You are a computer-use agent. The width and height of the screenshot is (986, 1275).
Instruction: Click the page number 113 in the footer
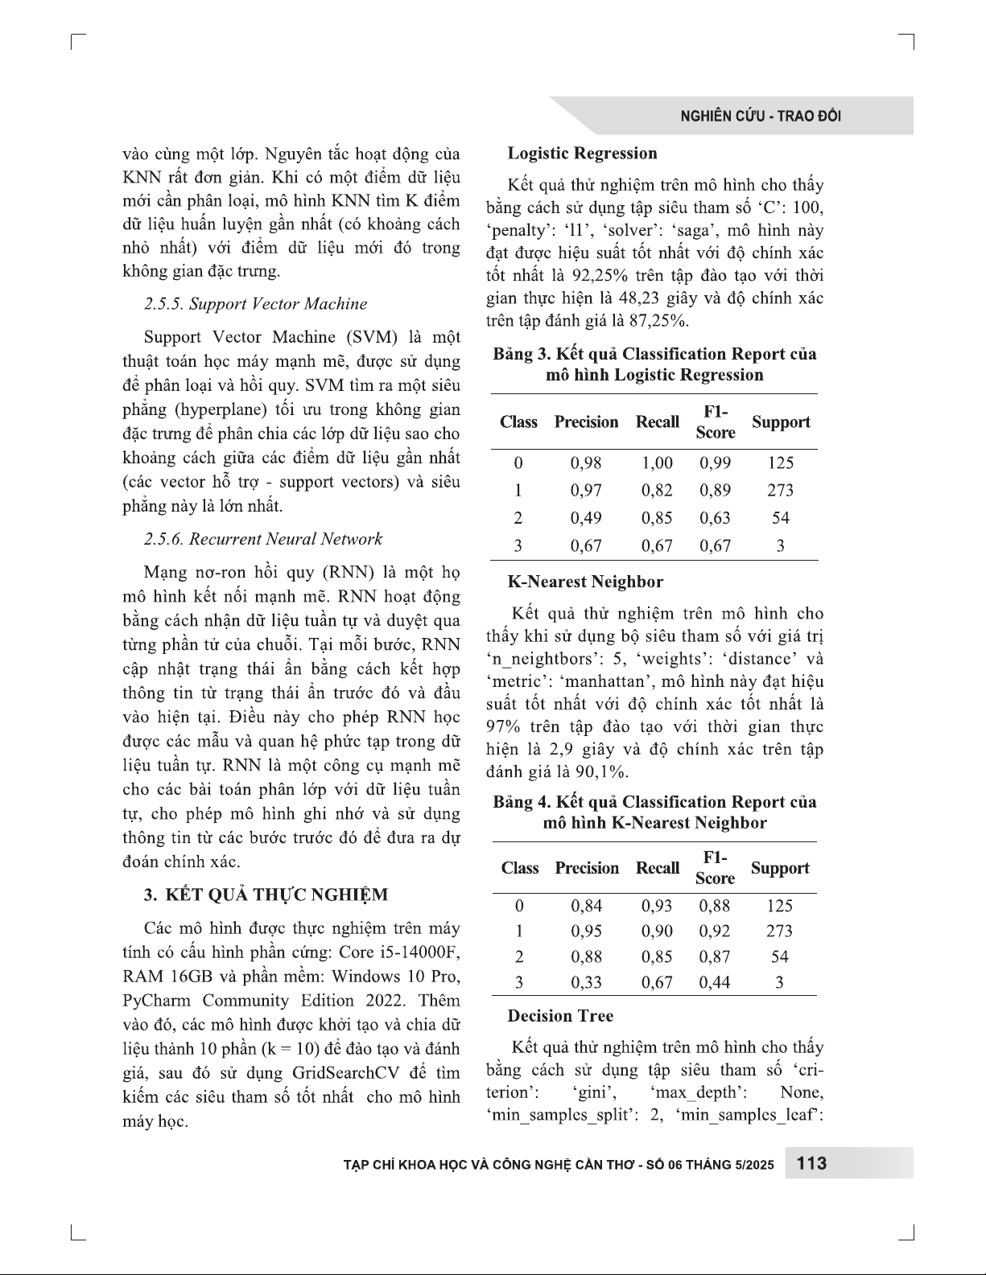pos(811,1163)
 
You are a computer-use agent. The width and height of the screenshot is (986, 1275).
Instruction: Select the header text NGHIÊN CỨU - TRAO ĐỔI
pos(761,116)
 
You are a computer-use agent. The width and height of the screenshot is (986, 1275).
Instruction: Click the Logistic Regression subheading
pos(582,154)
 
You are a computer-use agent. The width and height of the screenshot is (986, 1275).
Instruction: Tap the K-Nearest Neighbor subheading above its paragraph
pos(585,582)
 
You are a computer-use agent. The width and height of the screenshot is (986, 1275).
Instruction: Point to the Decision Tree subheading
pos(560,1016)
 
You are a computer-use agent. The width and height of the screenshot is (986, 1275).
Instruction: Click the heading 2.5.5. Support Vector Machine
pos(255,304)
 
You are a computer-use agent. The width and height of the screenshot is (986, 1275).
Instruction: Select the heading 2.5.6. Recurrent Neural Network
pos(263,539)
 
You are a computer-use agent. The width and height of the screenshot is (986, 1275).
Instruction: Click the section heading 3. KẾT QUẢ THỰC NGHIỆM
pos(266,895)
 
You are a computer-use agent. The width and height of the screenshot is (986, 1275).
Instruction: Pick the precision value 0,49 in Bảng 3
pos(585,518)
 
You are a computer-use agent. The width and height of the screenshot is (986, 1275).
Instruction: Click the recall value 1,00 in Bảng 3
pos(657,463)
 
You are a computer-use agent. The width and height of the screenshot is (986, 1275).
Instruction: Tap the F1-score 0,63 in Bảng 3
pos(715,518)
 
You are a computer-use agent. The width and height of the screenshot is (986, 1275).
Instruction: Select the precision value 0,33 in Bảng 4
pos(586,982)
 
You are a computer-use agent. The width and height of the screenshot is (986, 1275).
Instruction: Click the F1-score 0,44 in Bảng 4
pos(715,982)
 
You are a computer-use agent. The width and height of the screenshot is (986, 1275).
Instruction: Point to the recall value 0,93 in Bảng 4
pos(657,906)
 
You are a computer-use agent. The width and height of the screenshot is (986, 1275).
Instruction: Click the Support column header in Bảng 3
pos(780,422)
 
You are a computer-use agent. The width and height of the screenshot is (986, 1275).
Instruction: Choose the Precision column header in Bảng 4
pos(587,868)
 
